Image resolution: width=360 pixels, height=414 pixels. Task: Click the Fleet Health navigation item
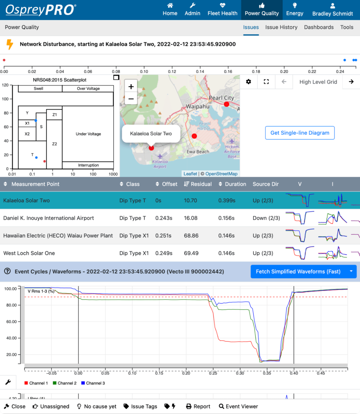(x=222, y=10)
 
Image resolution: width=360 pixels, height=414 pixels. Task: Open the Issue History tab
(x=281, y=27)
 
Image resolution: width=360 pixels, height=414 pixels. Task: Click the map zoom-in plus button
(x=131, y=87)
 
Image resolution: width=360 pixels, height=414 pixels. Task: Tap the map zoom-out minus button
(x=131, y=99)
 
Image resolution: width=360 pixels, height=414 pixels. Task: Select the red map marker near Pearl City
(x=226, y=104)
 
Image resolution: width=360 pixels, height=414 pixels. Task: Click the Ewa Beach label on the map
(x=198, y=152)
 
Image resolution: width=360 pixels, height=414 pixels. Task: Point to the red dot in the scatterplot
(x=45, y=161)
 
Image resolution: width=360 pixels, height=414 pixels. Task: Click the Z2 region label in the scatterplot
(x=55, y=144)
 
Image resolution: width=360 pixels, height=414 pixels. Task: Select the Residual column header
(x=201, y=184)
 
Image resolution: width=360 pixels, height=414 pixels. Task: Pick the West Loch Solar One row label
(x=29, y=253)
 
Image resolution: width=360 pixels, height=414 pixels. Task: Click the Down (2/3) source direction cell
(x=266, y=218)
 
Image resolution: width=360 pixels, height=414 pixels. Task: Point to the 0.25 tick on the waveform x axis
(x=213, y=373)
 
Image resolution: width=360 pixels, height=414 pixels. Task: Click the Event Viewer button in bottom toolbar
(x=238, y=406)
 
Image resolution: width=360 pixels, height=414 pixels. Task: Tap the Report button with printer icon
(x=198, y=406)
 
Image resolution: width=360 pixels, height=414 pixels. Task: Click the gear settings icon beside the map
(x=249, y=82)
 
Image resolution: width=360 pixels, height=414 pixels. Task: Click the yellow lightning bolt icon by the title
(x=10, y=44)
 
